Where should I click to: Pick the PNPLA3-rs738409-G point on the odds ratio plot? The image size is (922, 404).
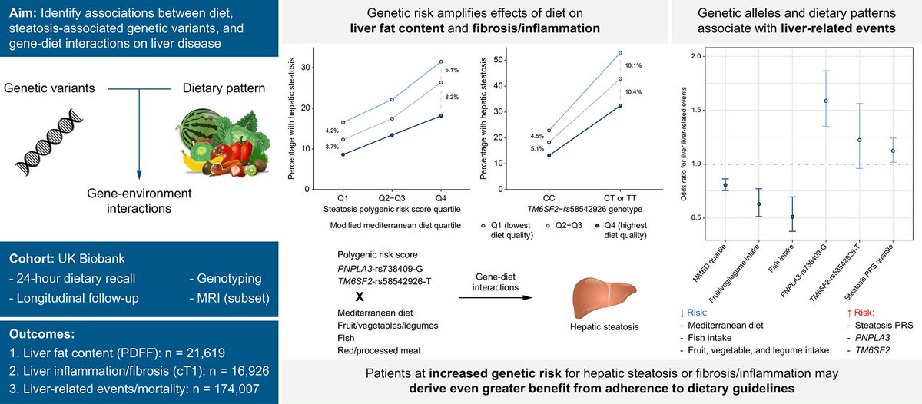[x=825, y=101]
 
